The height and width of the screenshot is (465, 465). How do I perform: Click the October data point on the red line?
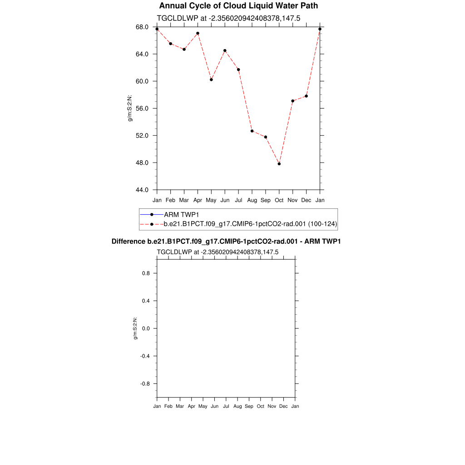point(279,164)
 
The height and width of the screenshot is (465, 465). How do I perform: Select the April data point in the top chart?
point(198,33)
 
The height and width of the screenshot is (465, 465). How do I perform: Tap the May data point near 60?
point(211,79)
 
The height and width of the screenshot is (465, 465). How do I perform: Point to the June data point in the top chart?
point(225,50)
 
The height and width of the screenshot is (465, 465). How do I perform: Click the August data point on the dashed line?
point(252,131)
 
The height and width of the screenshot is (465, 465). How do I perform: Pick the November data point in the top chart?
point(293,101)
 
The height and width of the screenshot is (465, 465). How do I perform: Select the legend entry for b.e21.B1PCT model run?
point(250,224)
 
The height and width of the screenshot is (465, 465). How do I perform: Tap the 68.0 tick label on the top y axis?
point(143,27)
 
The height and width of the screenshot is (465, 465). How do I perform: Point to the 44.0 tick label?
point(143,190)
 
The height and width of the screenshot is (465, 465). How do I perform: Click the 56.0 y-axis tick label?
point(143,109)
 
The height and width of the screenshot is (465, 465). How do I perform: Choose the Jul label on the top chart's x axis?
point(238,200)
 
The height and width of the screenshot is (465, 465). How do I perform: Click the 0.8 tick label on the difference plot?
point(145,273)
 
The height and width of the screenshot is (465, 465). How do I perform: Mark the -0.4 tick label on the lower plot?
point(144,356)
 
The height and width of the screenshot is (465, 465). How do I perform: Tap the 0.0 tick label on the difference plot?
point(145,328)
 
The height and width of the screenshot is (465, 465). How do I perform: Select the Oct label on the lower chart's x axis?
point(260,406)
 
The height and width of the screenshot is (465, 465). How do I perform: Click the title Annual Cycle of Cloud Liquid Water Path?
point(238,6)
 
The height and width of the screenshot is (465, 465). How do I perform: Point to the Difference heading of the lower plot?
point(226,242)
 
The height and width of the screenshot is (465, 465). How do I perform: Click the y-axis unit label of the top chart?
point(130,109)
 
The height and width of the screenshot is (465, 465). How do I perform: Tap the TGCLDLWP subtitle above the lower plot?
point(218,252)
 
